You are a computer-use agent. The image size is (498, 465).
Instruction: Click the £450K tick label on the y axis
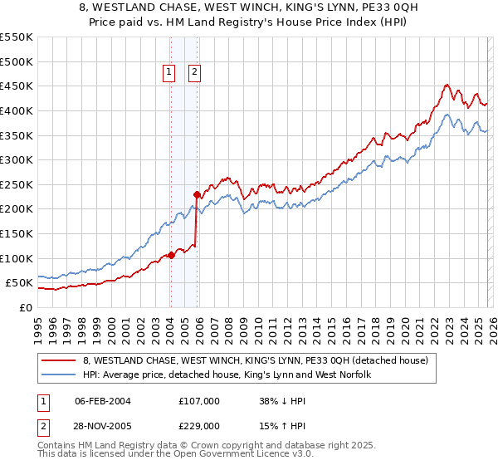pos(17,86)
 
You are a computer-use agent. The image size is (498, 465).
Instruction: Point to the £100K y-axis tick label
pos(17,258)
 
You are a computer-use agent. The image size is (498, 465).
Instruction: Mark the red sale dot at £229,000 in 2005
pos(198,194)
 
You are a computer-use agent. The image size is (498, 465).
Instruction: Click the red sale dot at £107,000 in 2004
pos(171,255)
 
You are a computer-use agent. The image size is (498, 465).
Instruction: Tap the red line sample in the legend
pos(61,360)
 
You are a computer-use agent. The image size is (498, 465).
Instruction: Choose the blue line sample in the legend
pos(61,375)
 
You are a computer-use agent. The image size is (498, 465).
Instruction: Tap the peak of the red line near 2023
pos(447,84)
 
